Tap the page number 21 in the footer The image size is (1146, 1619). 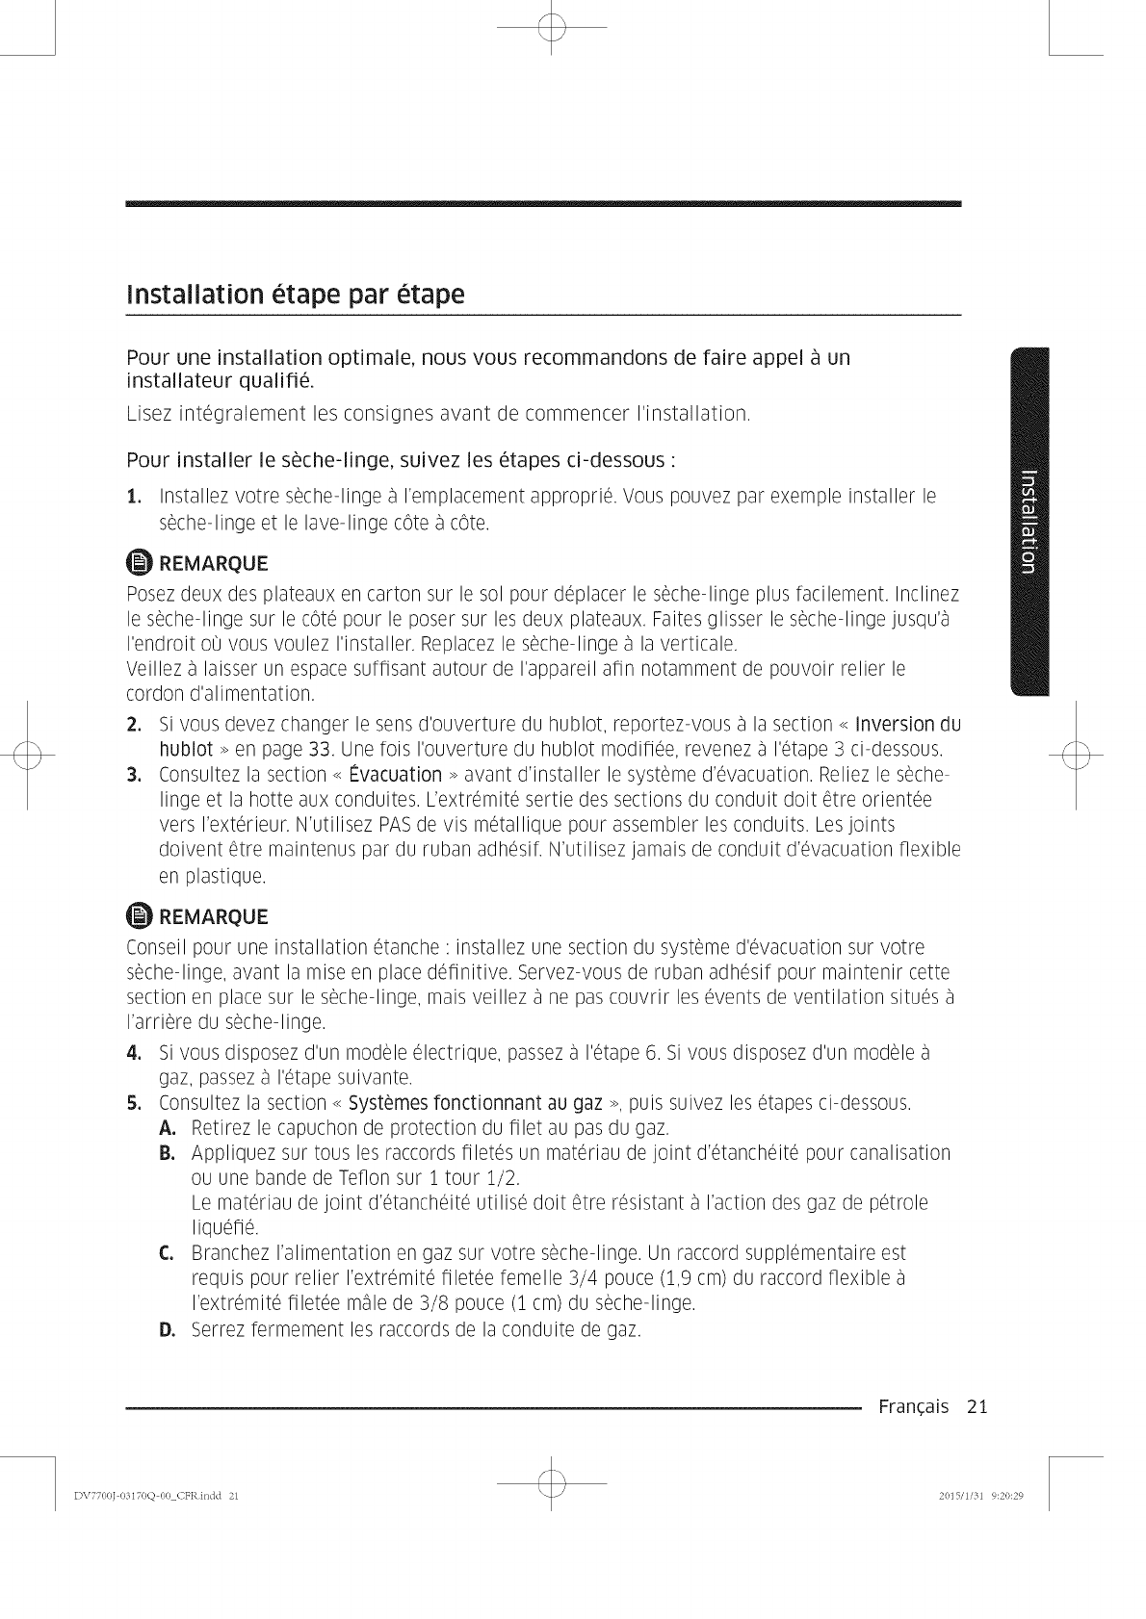tap(977, 1407)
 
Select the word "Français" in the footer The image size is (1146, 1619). tap(913, 1407)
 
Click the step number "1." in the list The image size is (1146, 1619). tap(134, 497)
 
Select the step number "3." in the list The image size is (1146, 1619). tap(134, 775)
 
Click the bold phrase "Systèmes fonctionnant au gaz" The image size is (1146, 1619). tap(476, 1102)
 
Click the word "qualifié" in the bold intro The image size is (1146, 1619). tap(274, 380)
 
